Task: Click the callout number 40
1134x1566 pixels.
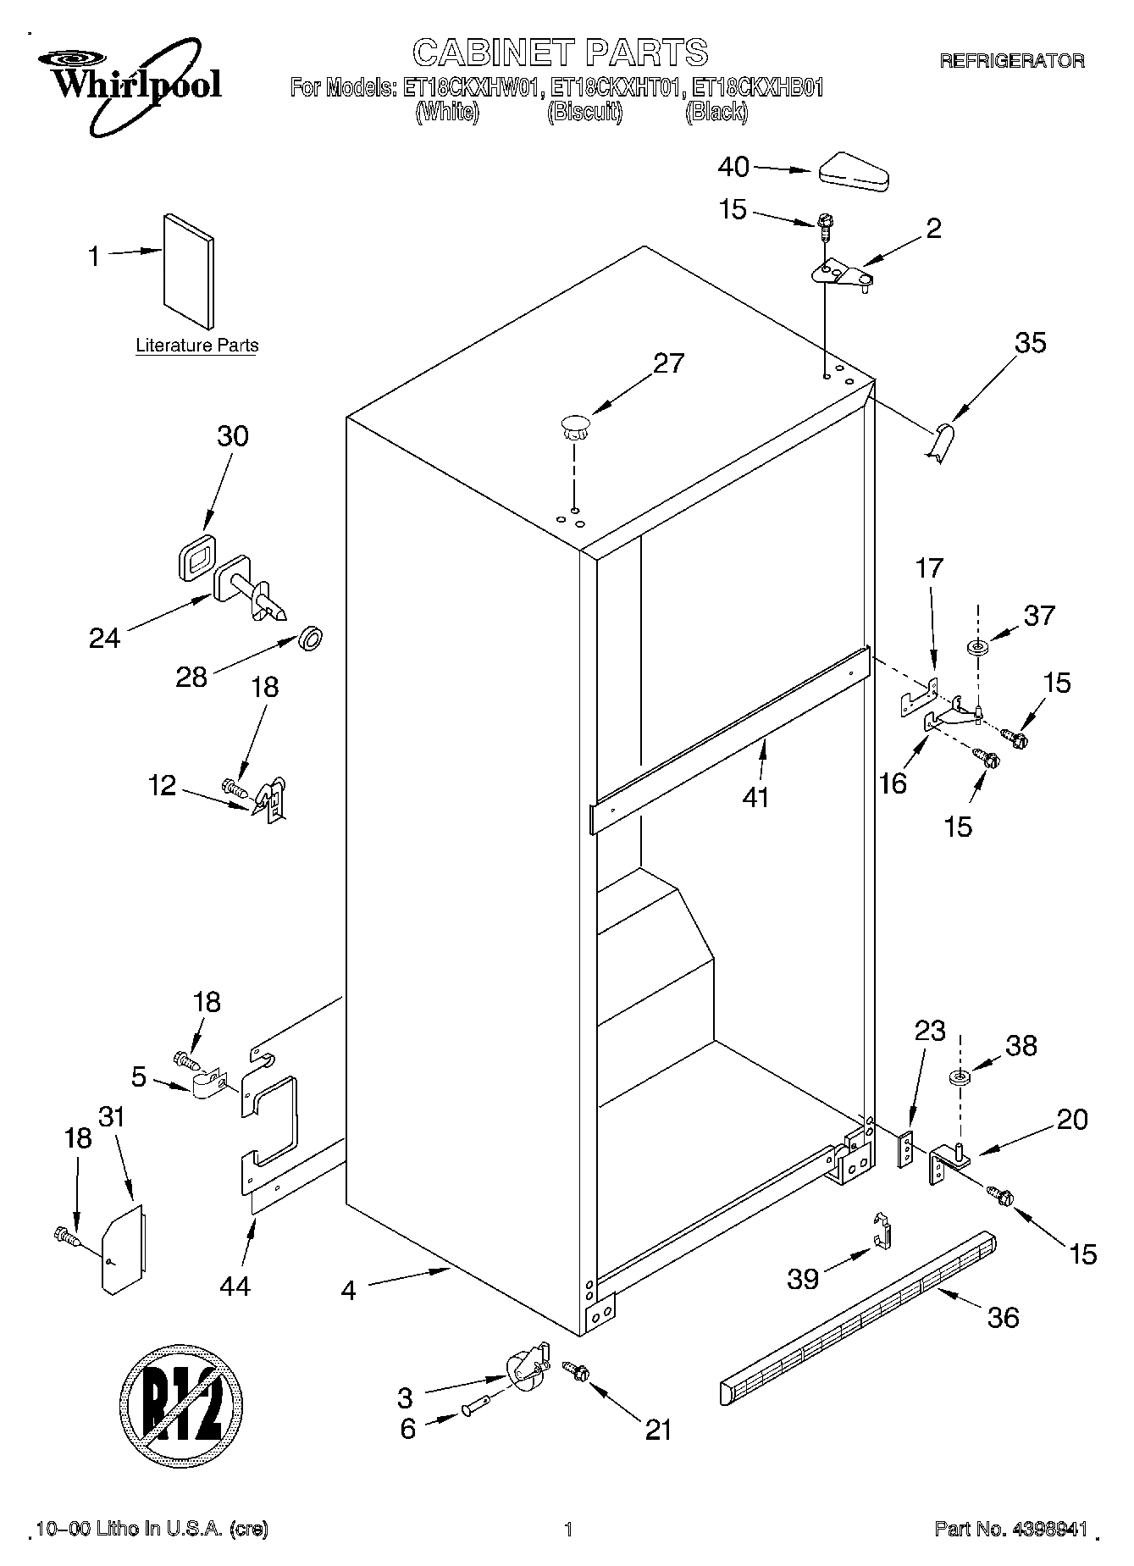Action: pyautogui.click(x=733, y=167)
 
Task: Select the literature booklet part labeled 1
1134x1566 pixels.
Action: pyautogui.click(x=188, y=270)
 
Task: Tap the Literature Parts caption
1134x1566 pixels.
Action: pyautogui.click(x=197, y=346)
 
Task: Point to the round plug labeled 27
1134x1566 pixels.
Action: pyautogui.click(x=574, y=426)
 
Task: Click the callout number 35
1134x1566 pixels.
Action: pyautogui.click(x=1031, y=343)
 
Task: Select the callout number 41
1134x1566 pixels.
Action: pyautogui.click(x=755, y=797)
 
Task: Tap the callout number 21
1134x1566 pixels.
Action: pyautogui.click(x=658, y=1429)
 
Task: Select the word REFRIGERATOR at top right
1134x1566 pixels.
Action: pyautogui.click(x=1011, y=60)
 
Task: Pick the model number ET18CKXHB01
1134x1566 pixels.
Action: pyautogui.click(x=757, y=87)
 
